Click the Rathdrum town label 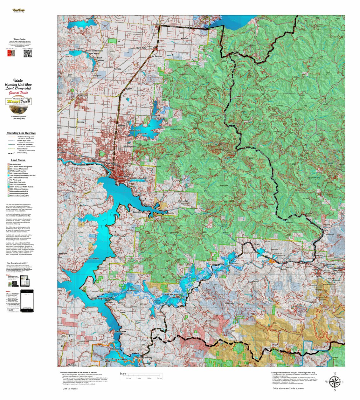point(82,96)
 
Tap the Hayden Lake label point(135,130)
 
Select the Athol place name point(158,24)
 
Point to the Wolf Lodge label point(183,201)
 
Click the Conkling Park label point(120,332)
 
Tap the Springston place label point(131,290)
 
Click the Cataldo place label point(288,261)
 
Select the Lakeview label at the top point(260,19)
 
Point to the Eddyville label point(137,212)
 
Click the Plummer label point(72,365)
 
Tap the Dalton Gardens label point(130,146)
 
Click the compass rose point(334,382)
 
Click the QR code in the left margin point(28,53)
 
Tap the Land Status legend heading point(18,160)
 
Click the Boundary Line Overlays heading point(21,133)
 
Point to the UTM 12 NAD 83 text point(70,389)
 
